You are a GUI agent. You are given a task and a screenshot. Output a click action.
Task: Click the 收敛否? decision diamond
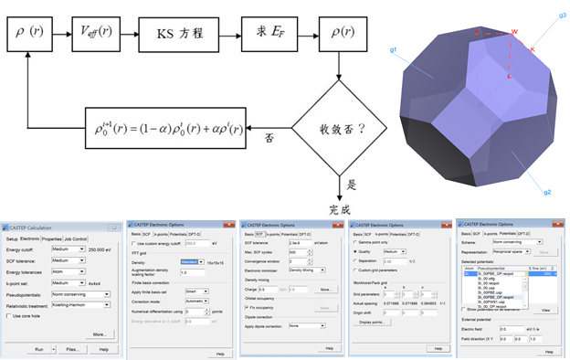tap(340, 129)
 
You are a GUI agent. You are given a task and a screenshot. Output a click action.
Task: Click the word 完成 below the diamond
tap(340, 209)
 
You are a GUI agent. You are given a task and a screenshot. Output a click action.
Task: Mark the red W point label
tap(515, 32)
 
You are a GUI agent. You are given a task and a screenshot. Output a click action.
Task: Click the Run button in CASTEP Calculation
tap(39, 349)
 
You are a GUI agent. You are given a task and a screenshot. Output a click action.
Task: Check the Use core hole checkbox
tap(8, 316)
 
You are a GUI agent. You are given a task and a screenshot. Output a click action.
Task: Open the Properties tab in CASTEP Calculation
tap(51, 239)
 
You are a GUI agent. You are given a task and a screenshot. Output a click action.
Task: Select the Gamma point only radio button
tap(354, 242)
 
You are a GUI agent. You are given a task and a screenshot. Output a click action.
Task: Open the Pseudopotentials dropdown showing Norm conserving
tap(88, 296)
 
